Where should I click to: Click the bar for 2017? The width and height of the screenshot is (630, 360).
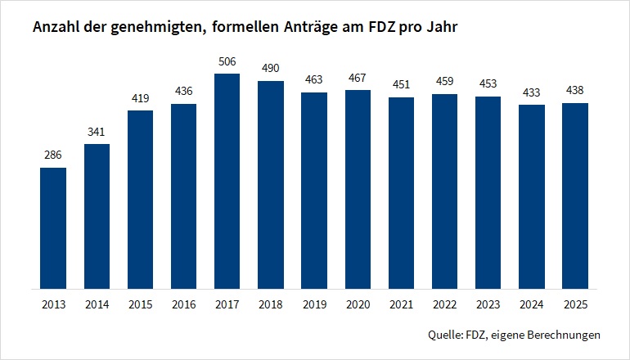pyautogui.click(x=227, y=181)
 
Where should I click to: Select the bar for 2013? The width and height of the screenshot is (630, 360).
pyautogui.click(x=53, y=228)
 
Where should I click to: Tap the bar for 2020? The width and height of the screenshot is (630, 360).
pyautogui.click(x=358, y=189)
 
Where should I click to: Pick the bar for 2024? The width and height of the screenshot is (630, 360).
pyautogui.click(x=531, y=196)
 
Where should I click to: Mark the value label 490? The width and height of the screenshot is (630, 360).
pyautogui.click(x=270, y=67)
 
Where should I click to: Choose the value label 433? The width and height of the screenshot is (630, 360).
pyautogui.click(x=531, y=91)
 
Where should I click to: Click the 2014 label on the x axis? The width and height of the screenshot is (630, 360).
pyautogui.click(x=97, y=304)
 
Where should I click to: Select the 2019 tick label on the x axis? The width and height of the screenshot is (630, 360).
pyautogui.click(x=314, y=304)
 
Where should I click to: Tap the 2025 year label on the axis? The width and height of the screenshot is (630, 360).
pyautogui.click(x=574, y=304)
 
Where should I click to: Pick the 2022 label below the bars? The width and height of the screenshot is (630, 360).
pyautogui.click(x=444, y=304)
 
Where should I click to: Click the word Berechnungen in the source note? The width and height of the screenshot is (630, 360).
pyautogui.click(x=562, y=335)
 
